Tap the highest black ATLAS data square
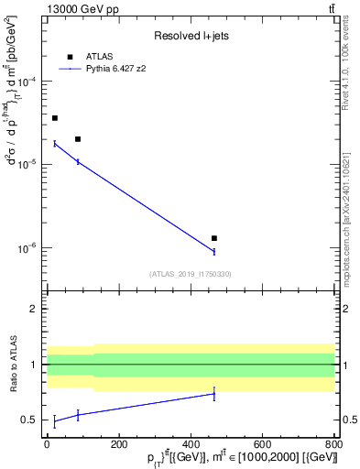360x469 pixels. pos(55,118)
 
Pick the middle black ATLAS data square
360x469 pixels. pos(78,139)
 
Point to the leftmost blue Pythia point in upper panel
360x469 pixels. pos(55,143)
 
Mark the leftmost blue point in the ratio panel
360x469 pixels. pos(55,421)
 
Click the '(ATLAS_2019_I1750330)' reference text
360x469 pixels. pos(190,274)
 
